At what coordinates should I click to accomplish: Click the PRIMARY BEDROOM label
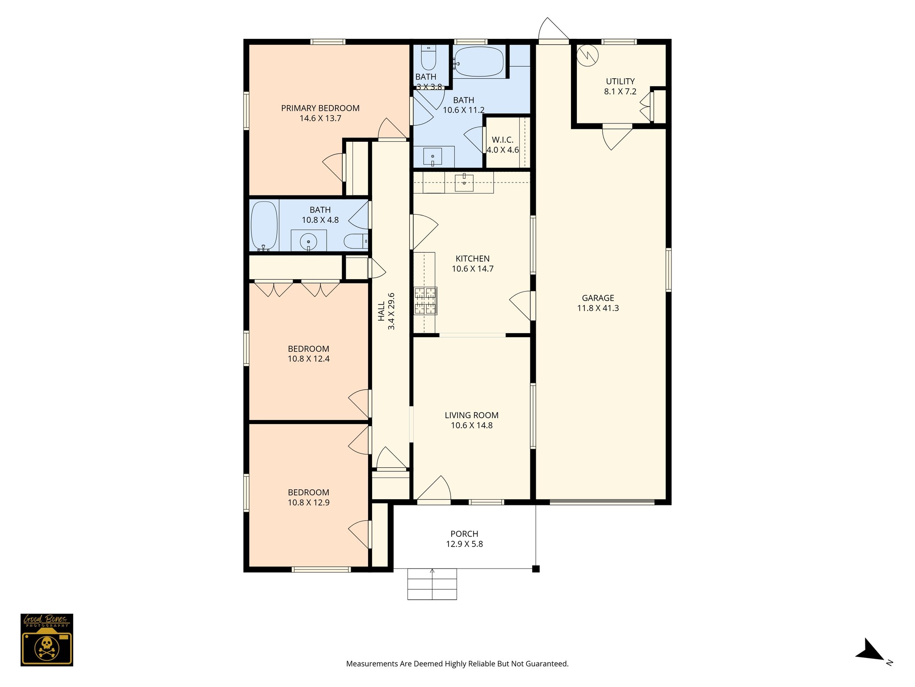coord(320,108)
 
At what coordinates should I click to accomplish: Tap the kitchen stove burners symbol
coord(425,301)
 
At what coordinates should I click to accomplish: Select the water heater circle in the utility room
coord(587,55)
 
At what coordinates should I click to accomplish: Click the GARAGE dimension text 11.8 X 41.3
coord(598,308)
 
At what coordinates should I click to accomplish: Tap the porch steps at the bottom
coord(432,584)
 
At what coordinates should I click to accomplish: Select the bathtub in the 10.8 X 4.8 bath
coord(264,225)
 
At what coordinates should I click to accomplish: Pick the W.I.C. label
coord(503,140)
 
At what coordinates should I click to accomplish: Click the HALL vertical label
coord(381,311)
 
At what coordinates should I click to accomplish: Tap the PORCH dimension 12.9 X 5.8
coord(464,544)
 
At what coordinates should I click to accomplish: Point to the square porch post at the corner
coord(536,569)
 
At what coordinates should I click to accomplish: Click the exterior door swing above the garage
coord(553,30)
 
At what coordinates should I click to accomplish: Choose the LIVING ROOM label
coord(471,415)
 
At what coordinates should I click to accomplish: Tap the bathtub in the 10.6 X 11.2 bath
coord(479,62)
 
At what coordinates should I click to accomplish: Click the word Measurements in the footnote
coord(372,664)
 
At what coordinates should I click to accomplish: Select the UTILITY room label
coord(620,81)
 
